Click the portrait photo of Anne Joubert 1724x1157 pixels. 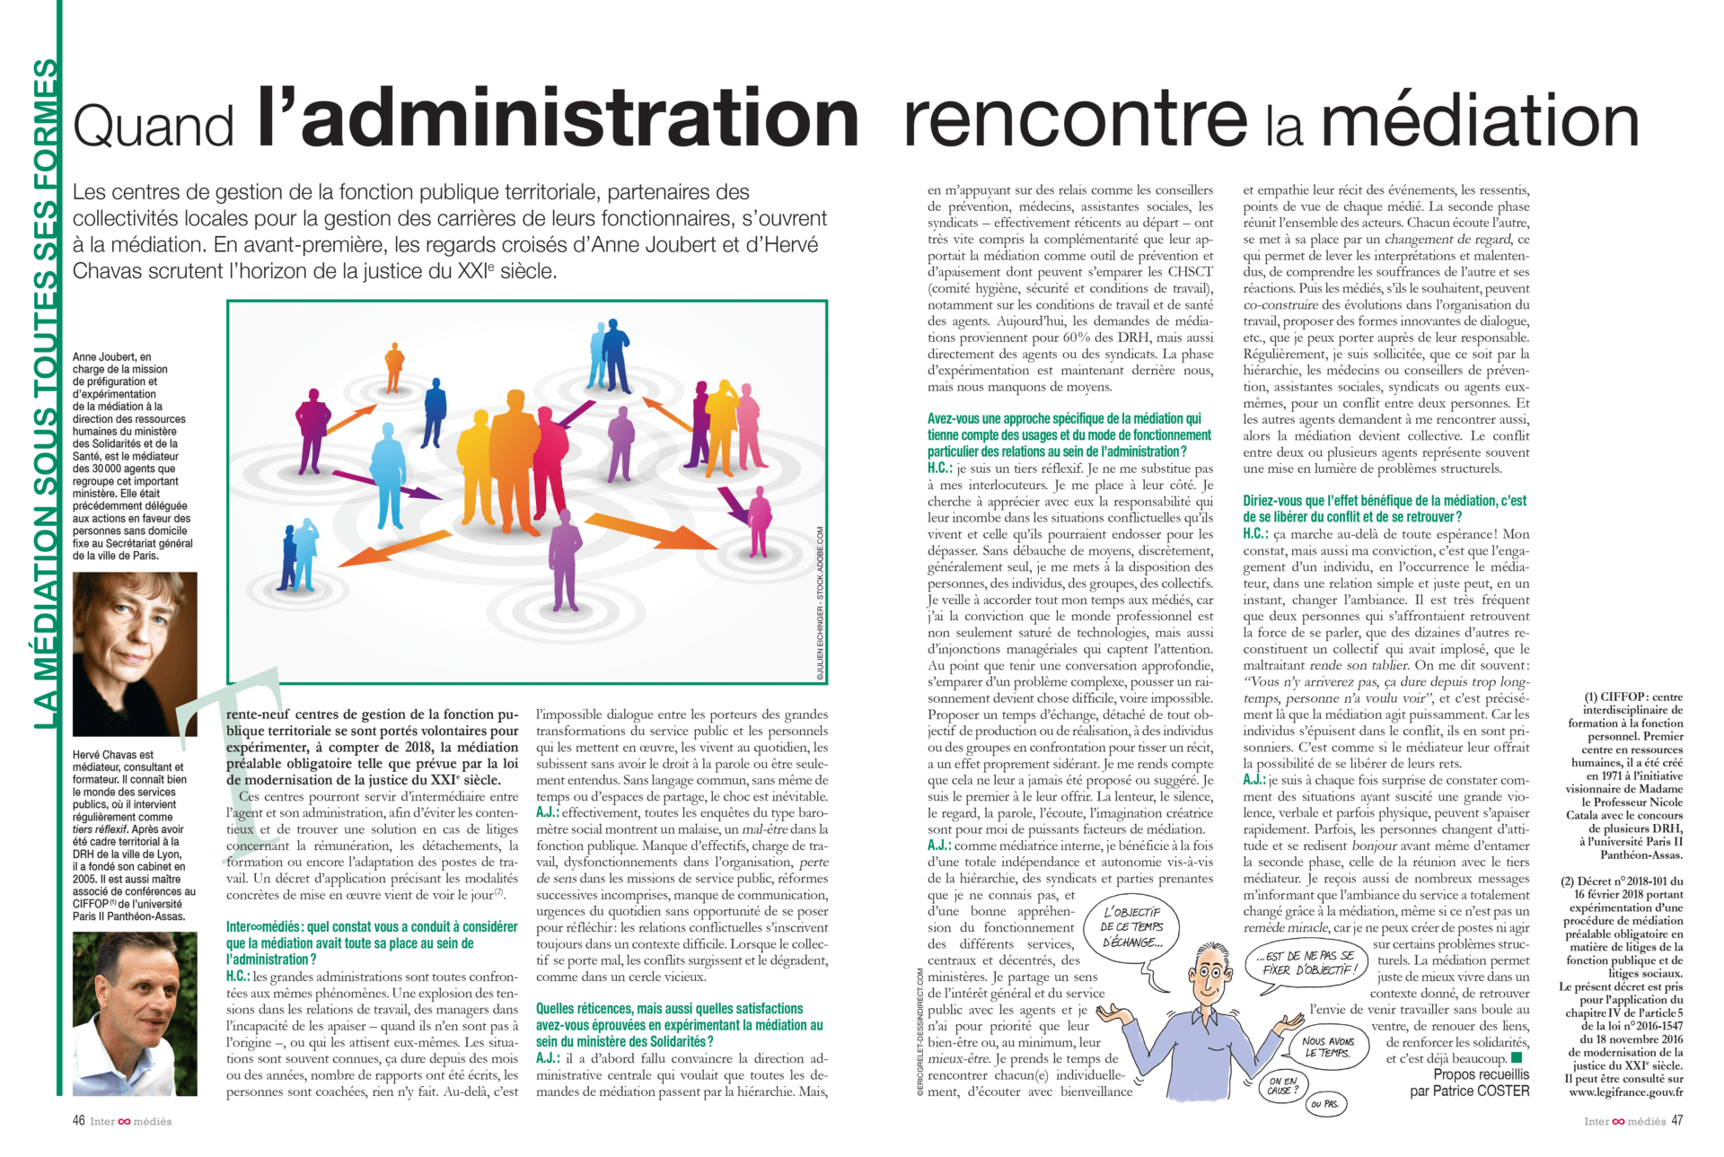coord(135,653)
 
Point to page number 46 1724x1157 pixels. coord(79,1121)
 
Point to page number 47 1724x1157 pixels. coord(1676,1121)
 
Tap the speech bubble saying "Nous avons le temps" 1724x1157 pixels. coord(1327,1047)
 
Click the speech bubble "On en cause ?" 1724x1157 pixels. coord(1283,1086)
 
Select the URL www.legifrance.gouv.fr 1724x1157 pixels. coord(1625,1092)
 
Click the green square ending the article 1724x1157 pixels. coord(1517,1057)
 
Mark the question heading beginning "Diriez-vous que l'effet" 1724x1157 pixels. coord(1384,509)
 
